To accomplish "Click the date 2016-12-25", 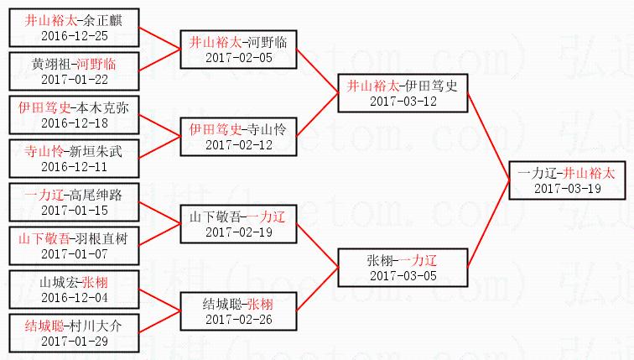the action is point(74,35).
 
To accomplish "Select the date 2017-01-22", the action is point(74,79).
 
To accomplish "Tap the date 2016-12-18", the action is point(74,123).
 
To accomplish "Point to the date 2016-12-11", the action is point(74,166).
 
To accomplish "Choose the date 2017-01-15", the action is point(74,210).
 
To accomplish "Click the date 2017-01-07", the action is point(74,253).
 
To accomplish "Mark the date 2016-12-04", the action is point(74,297).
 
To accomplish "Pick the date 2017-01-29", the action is point(74,341).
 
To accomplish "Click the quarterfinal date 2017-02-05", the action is point(238,57).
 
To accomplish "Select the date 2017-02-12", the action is point(238,144).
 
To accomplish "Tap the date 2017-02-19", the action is point(238,232).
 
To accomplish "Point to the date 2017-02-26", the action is point(238,319).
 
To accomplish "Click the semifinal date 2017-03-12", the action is point(402,101).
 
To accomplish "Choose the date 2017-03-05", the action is point(402,275).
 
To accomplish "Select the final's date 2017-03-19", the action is point(566,188).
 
